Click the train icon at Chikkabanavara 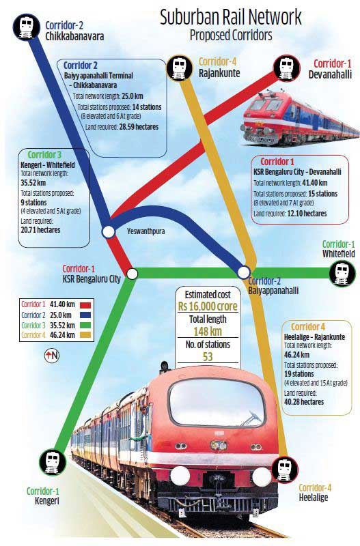[x=26, y=27]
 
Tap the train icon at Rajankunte [x=180, y=68]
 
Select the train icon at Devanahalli [x=286, y=68]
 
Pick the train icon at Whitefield [x=342, y=274]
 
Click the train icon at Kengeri [x=53, y=462]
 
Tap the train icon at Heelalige [x=285, y=470]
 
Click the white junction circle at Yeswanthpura [x=109, y=231]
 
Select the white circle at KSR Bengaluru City [x=132, y=274]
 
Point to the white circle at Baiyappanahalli [x=244, y=272]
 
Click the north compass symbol [x=52, y=356]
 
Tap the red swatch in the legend [x=85, y=304]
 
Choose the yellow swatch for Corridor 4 [x=85, y=335]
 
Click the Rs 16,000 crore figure [x=208, y=306]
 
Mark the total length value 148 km [x=208, y=331]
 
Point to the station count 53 [x=208, y=356]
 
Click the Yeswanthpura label [x=146, y=231]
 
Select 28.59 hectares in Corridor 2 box [x=139, y=127]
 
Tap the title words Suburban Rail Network [x=231, y=18]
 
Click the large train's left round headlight [x=180, y=476]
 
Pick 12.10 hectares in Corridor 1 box [x=307, y=214]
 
